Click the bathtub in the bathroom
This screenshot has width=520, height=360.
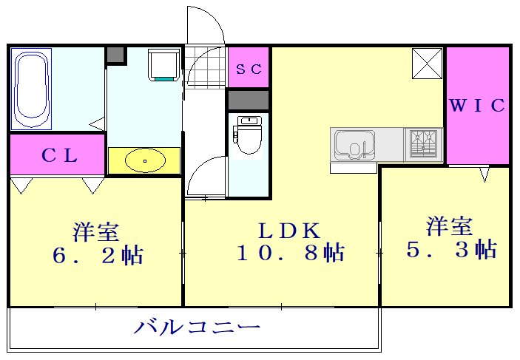point(33,87)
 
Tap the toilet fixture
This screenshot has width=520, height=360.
point(249,135)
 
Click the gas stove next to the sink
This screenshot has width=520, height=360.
point(424,144)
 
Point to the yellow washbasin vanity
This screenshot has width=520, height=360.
point(144,160)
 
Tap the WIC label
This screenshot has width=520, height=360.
point(478,106)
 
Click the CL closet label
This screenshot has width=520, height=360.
point(56,155)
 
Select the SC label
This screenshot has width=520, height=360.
point(249,69)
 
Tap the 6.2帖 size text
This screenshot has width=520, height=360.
point(97,255)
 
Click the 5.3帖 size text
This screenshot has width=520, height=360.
point(451,249)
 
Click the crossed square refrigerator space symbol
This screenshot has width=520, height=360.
point(426,62)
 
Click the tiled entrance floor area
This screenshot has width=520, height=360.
point(204,67)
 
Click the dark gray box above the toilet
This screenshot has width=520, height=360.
point(249,100)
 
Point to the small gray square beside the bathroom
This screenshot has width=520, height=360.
point(116,55)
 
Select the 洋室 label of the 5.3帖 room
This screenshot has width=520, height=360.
point(450,224)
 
